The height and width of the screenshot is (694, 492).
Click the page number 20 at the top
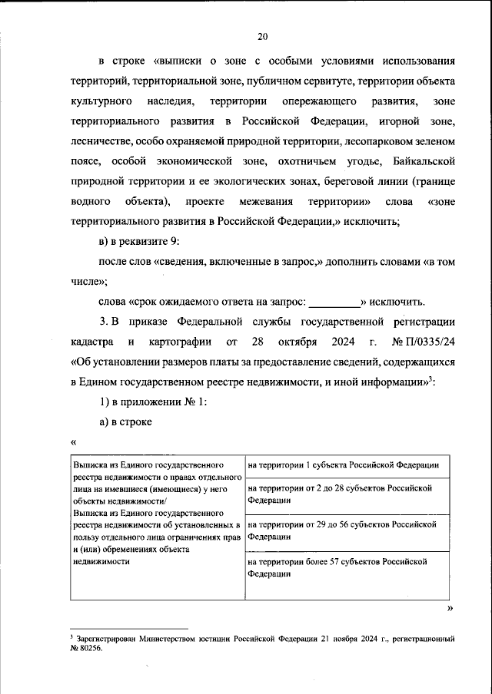tap(263, 35)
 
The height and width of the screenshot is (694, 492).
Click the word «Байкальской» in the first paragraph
tap(424, 161)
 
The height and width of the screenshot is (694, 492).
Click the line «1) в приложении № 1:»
tap(151, 400)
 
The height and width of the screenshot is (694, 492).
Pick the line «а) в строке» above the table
tap(127, 421)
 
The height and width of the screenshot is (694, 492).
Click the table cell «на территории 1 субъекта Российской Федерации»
tap(344, 465)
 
